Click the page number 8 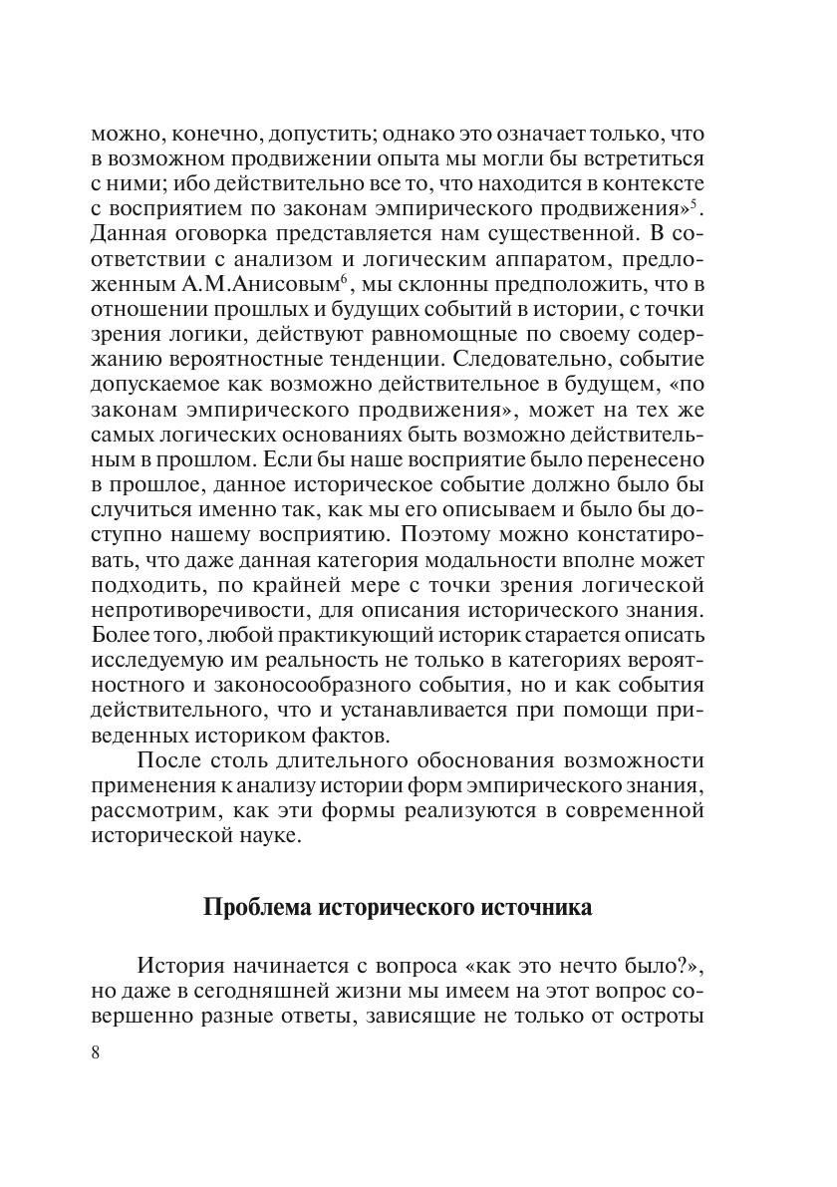pyautogui.click(x=96, y=1055)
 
